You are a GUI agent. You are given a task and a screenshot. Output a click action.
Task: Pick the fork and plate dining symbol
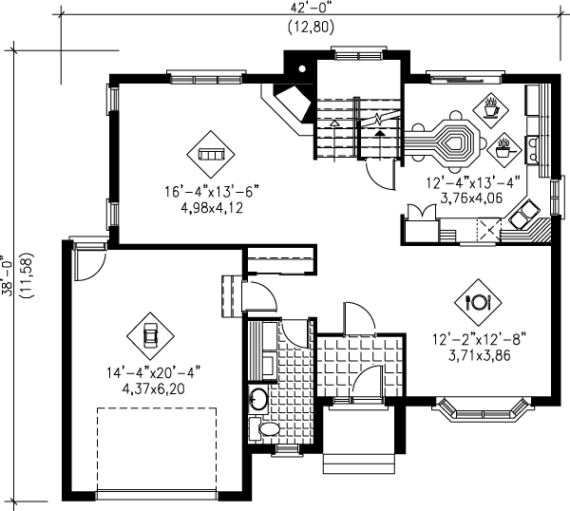coord(477,302)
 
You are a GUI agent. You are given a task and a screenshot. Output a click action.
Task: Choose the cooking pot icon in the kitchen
coord(503,147)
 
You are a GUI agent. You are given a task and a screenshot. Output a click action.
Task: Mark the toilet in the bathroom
coord(267,429)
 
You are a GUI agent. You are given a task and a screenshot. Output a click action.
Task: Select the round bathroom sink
coord(256,399)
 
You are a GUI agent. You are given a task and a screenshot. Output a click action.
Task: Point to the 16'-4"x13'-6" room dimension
coord(211,191)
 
